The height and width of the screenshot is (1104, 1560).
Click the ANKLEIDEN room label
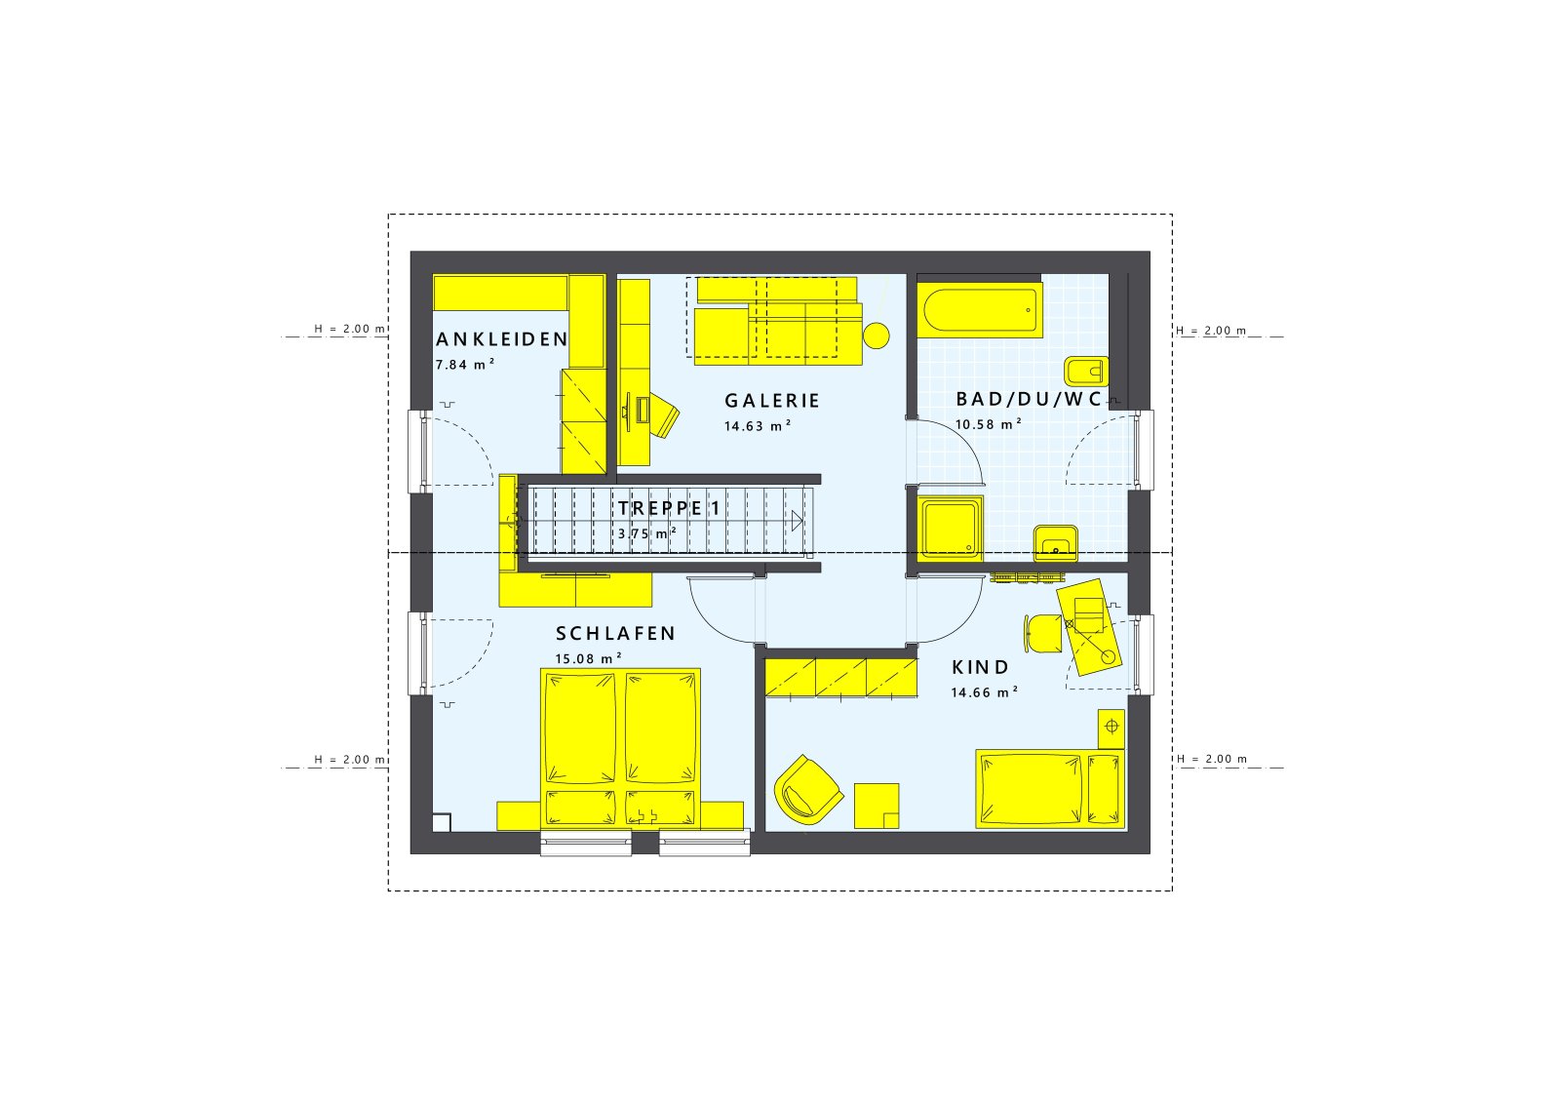click(x=501, y=339)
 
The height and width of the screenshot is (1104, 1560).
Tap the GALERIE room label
click(x=772, y=401)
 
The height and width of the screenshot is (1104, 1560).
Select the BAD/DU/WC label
click(x=1029, y=399)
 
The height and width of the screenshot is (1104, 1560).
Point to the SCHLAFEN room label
click(x=615, y=634)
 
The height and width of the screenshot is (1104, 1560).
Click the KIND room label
click(x=981, y=668)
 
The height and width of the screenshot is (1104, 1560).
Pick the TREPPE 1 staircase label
click(x=669, y=508)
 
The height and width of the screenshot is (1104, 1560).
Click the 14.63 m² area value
click(x=757, y=426)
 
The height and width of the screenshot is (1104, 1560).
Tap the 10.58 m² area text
click(x=989, y=424)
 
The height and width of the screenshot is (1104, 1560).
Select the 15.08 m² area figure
click(x=588, y=659)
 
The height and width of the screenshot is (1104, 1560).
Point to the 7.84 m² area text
click(x=465, y=365)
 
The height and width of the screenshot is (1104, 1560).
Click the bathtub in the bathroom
click(x=980, y=310)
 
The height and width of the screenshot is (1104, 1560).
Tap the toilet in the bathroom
click(x=1085, y=372)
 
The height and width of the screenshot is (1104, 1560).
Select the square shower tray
click(x=951, y=530)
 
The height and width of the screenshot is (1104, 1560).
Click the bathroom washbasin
click(x=1056, y=542)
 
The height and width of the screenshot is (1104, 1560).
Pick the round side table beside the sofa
click(x=877, y=335)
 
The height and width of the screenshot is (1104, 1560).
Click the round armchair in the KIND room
click(x=808, y=790)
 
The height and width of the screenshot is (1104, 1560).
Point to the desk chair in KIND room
click(x=1042, y=633)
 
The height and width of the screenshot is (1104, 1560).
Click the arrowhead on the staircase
click(x=798, y=521)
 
